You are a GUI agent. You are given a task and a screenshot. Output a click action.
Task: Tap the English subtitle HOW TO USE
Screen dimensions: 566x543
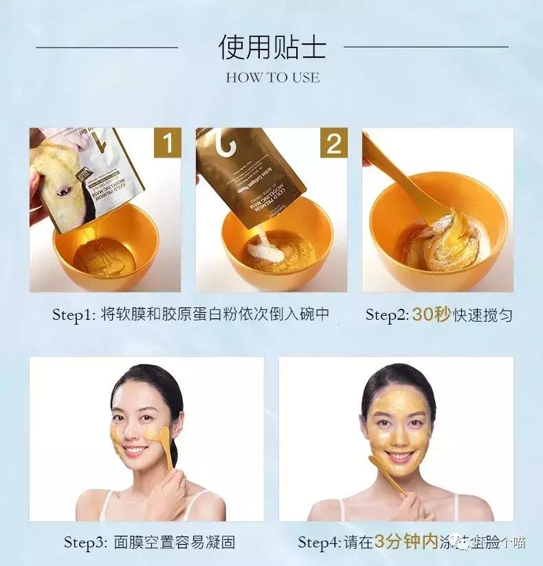point(272,78)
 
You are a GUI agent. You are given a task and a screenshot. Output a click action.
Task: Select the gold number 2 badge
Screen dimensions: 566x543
point(333,143)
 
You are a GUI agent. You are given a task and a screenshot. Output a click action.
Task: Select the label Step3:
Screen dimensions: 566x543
point(86,542)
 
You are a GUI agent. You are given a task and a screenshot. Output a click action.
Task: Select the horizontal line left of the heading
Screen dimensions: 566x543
point(107,47)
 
